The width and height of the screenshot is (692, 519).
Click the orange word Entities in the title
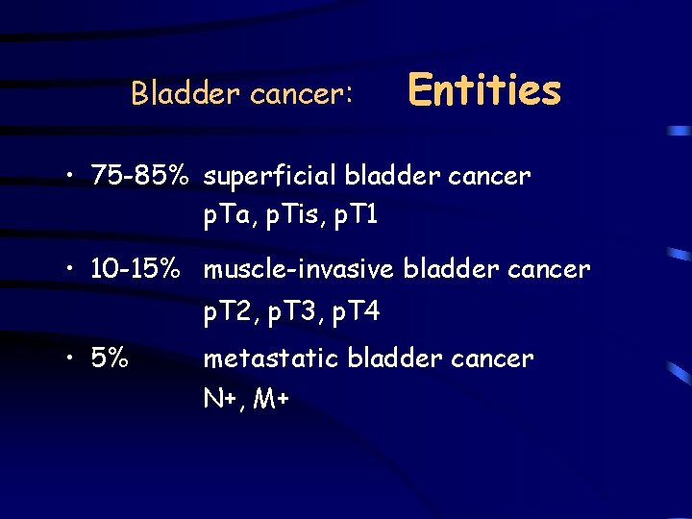(x=484, y=90)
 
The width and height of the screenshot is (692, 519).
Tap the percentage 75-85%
(x=139, y=176)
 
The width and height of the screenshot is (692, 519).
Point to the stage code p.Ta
(x=226, y=217)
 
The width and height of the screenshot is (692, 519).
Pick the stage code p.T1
(x=353, y=217)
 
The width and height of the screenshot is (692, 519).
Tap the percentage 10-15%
(x=139, y=270)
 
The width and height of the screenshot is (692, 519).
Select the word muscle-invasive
(x=298, y=270)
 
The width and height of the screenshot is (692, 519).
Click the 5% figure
(x=111, y=358)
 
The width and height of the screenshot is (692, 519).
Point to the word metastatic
(x=271, y=358)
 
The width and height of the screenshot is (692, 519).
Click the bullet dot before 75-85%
(x=73, y=177)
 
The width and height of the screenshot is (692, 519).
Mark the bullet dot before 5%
(x=73, y=359)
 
